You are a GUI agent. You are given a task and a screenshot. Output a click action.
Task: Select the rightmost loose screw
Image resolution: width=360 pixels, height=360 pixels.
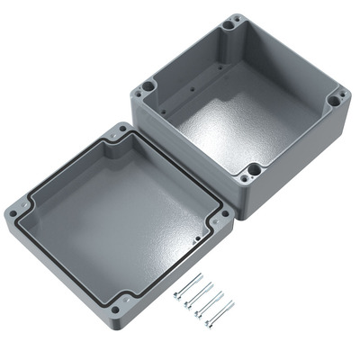point(220,313)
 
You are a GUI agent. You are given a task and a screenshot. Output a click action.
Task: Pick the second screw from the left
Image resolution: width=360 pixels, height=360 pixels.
point(198,294)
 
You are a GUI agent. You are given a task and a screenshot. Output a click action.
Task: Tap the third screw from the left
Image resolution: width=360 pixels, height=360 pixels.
point(210,303)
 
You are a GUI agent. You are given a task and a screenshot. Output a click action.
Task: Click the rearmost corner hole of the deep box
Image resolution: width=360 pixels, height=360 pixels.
point(236,22)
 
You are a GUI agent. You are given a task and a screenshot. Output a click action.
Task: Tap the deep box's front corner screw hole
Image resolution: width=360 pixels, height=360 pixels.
point(255,168)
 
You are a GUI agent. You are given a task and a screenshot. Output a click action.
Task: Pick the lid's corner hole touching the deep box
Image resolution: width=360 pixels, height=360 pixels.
point(219,215)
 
